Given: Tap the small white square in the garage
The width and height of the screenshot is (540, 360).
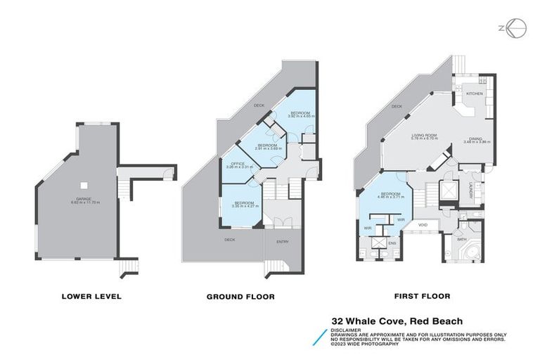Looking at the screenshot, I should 84,186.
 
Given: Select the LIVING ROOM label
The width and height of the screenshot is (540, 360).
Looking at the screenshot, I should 424,136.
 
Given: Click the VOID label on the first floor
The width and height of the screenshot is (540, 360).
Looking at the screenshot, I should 423,225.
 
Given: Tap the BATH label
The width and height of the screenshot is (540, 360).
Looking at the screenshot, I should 461,239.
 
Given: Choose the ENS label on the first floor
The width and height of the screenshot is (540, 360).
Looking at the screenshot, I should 392,243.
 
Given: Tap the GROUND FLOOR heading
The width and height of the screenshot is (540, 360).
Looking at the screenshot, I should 240,296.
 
